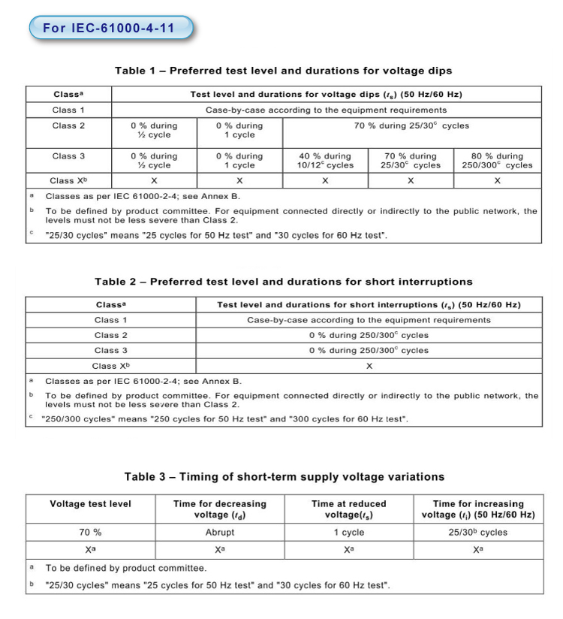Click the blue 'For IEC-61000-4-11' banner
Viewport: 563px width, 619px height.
coord(110,29)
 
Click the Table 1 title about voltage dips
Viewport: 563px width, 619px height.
coord(283,71)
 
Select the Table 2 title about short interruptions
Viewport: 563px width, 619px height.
coord(283,282)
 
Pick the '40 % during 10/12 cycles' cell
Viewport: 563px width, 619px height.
coord(325,161)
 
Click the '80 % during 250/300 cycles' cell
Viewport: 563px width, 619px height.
coord(498,161)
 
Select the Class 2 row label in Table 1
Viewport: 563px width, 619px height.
coord(69,125)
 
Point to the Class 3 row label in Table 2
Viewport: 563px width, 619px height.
coord(111,350)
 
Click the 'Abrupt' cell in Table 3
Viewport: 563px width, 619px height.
coord(220,533)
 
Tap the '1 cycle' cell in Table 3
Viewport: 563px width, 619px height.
coord(349,533)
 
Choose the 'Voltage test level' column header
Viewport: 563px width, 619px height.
coord(90,504)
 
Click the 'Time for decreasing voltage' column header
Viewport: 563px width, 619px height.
coord(220,509)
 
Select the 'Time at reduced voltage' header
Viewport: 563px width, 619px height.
coord(349,509)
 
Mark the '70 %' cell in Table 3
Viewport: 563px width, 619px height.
coord(90,533)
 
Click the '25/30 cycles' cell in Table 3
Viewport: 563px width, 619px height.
coord(478,533)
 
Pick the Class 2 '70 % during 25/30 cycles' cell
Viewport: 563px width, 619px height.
coord(411,125)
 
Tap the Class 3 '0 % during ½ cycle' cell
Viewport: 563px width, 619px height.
coord(154,161)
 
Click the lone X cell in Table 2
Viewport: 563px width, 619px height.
coord(369,366)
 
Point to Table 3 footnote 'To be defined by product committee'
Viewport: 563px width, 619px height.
coord(126,568)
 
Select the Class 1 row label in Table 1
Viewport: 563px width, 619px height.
coord(69,110)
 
